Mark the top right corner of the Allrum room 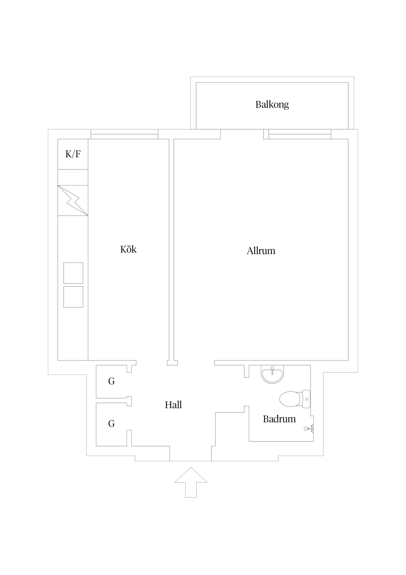(x=348, y=139)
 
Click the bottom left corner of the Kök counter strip (x=58, y=360)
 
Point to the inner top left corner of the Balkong (x=196, y=82)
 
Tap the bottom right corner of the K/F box (x=88, y=169)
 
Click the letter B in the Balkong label (x=258, y=104)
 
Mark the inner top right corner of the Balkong (x=348, y=82)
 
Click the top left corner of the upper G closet (x=96, y=365)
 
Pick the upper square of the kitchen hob (x=73, y=273)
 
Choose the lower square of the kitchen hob (x=73, y=297)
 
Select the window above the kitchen (x=124, y=134)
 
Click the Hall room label (x=173, y=405)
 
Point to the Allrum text (x=261, y=251)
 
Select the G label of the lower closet (x=112, y=424)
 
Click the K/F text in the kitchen (x=73, y=154)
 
